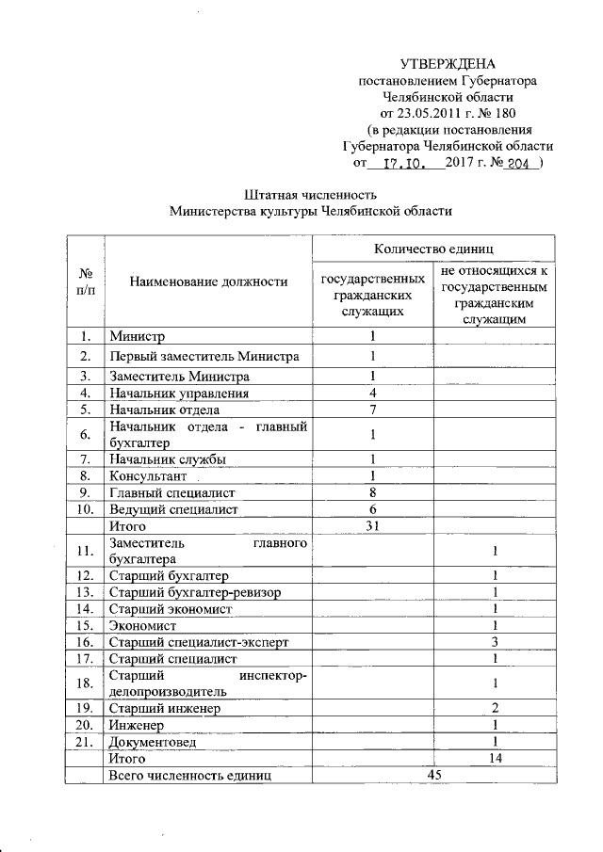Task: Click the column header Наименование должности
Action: (x=208, y=281)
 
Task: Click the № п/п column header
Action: (x=85, y=281)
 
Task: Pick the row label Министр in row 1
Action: (x=137, y=336)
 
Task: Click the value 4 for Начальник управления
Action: (x=373, y=393)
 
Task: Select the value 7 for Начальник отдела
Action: (x=373, y=410)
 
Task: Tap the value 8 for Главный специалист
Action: (x=373, y=492)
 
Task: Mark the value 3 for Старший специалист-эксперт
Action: (x=495, y=642)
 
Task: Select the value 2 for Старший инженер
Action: (x=495, y=708)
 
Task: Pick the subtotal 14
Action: (x=495, y=758)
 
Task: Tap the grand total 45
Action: (x=433, y=775)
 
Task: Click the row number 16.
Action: (x=85, y=642)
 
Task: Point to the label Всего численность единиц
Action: (x=190, y=775)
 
